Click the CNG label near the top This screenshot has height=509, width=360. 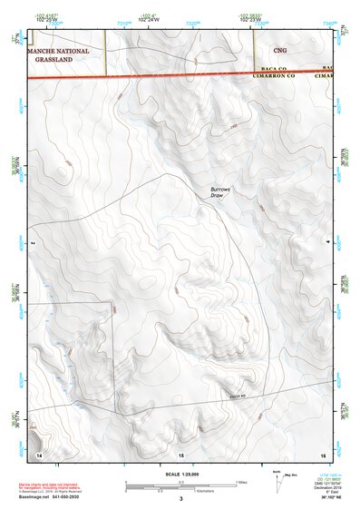point(278,51)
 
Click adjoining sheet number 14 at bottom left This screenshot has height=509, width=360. point(39,453)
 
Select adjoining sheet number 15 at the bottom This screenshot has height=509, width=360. point(180,453)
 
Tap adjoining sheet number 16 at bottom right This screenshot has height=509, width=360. point(322,453)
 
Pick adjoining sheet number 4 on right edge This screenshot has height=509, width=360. point(327,243)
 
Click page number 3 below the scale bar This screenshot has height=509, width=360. point(180,499)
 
